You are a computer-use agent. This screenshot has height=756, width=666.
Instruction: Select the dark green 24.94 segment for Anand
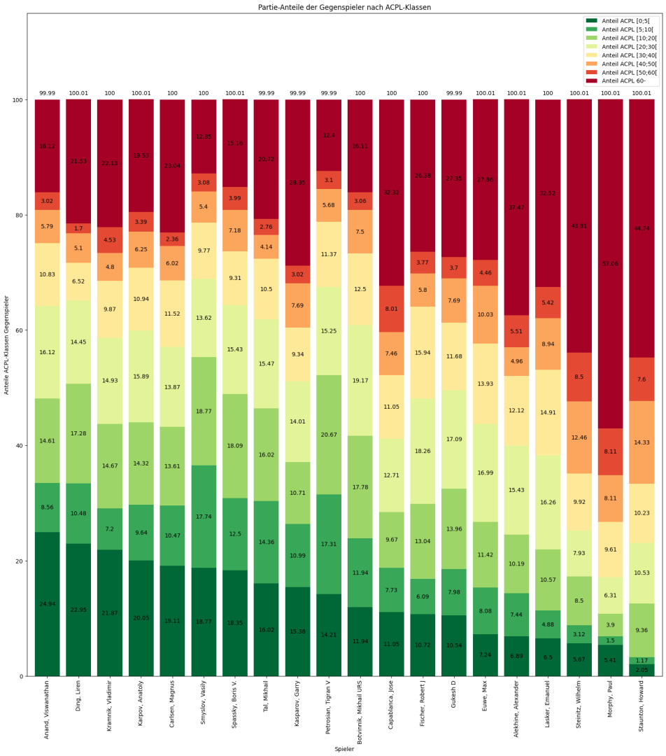coord(48,603)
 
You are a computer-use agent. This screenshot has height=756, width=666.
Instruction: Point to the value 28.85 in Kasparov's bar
coord(297,182)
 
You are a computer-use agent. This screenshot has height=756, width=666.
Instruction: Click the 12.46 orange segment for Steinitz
coord(579,437)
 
